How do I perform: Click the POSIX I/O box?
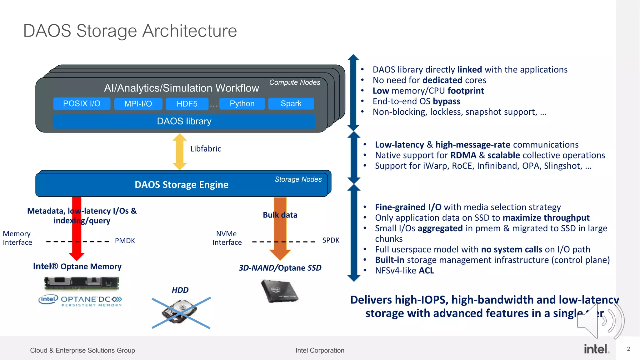click(x=82, y=104)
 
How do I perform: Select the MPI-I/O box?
click(x=138, y=104)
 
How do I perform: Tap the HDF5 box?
click(x=187, y=104)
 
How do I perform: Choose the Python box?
click(x=242, y=104)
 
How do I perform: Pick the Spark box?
click(x=291, y=104)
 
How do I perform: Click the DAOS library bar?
click(x=184, y=121)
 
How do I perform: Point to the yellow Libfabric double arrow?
click(x=180, y=152)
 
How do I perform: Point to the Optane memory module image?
click(x=82, y=283)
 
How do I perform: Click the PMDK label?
click(x=125, y=241)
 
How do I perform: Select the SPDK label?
click(x=331, y=240)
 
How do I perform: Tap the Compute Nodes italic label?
click(x=295, y=82)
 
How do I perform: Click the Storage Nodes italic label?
click(x=298, y=179)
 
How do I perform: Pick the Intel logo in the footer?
click(x=596, y=349)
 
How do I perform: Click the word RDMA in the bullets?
click(x=463, y=155)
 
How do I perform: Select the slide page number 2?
click(x=628, y=349)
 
